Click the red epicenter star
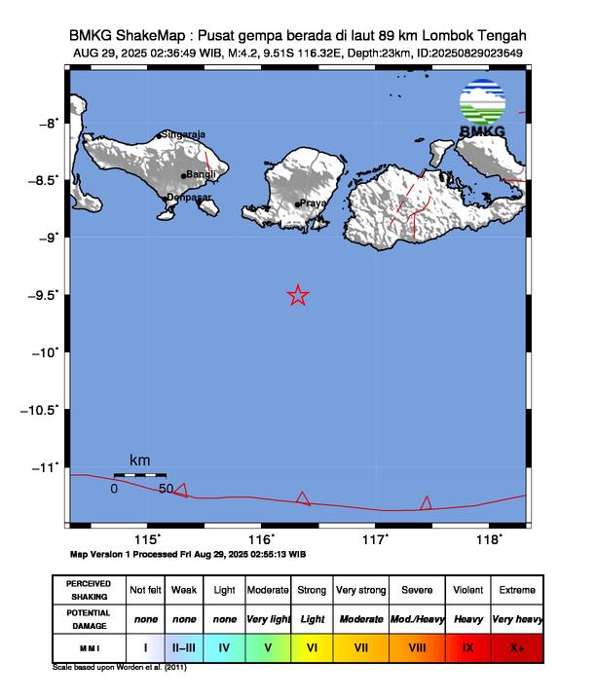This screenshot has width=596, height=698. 298,295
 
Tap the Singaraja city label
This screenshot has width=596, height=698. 184,134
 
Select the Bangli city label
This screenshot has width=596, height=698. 202,174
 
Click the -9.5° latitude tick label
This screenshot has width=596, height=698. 45,294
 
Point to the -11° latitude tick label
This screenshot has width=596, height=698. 47,467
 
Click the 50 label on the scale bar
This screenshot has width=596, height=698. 166,489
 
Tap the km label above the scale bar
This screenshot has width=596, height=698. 140,459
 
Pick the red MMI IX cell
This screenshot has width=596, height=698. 468,645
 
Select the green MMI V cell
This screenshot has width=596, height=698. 267,645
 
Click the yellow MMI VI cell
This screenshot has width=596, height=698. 312,645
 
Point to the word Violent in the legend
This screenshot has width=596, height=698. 468,590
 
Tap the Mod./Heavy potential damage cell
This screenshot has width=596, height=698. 417,618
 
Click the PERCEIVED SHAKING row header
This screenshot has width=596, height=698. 89,590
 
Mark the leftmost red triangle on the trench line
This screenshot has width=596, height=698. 180,490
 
